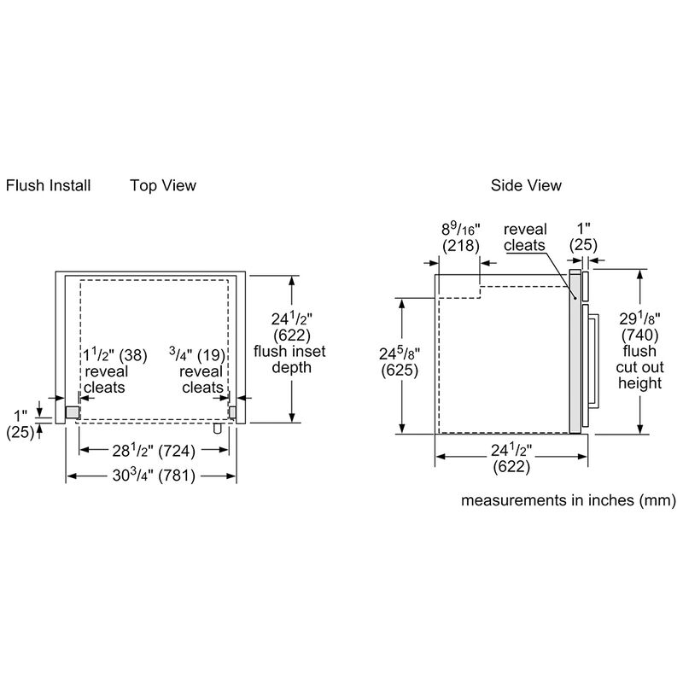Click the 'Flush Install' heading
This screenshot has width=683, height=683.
[48, 185]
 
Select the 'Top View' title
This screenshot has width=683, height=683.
[163, 185]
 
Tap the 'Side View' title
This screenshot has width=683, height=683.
[526, 185]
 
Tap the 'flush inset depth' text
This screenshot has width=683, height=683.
[289, 359]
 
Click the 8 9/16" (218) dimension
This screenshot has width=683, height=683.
[460, 236]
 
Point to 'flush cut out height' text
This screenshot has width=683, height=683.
[640, 367]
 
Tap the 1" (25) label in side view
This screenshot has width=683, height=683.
[585, 236]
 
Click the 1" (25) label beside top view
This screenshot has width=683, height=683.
[20, 423]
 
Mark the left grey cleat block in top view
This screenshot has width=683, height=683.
[73, 412]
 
